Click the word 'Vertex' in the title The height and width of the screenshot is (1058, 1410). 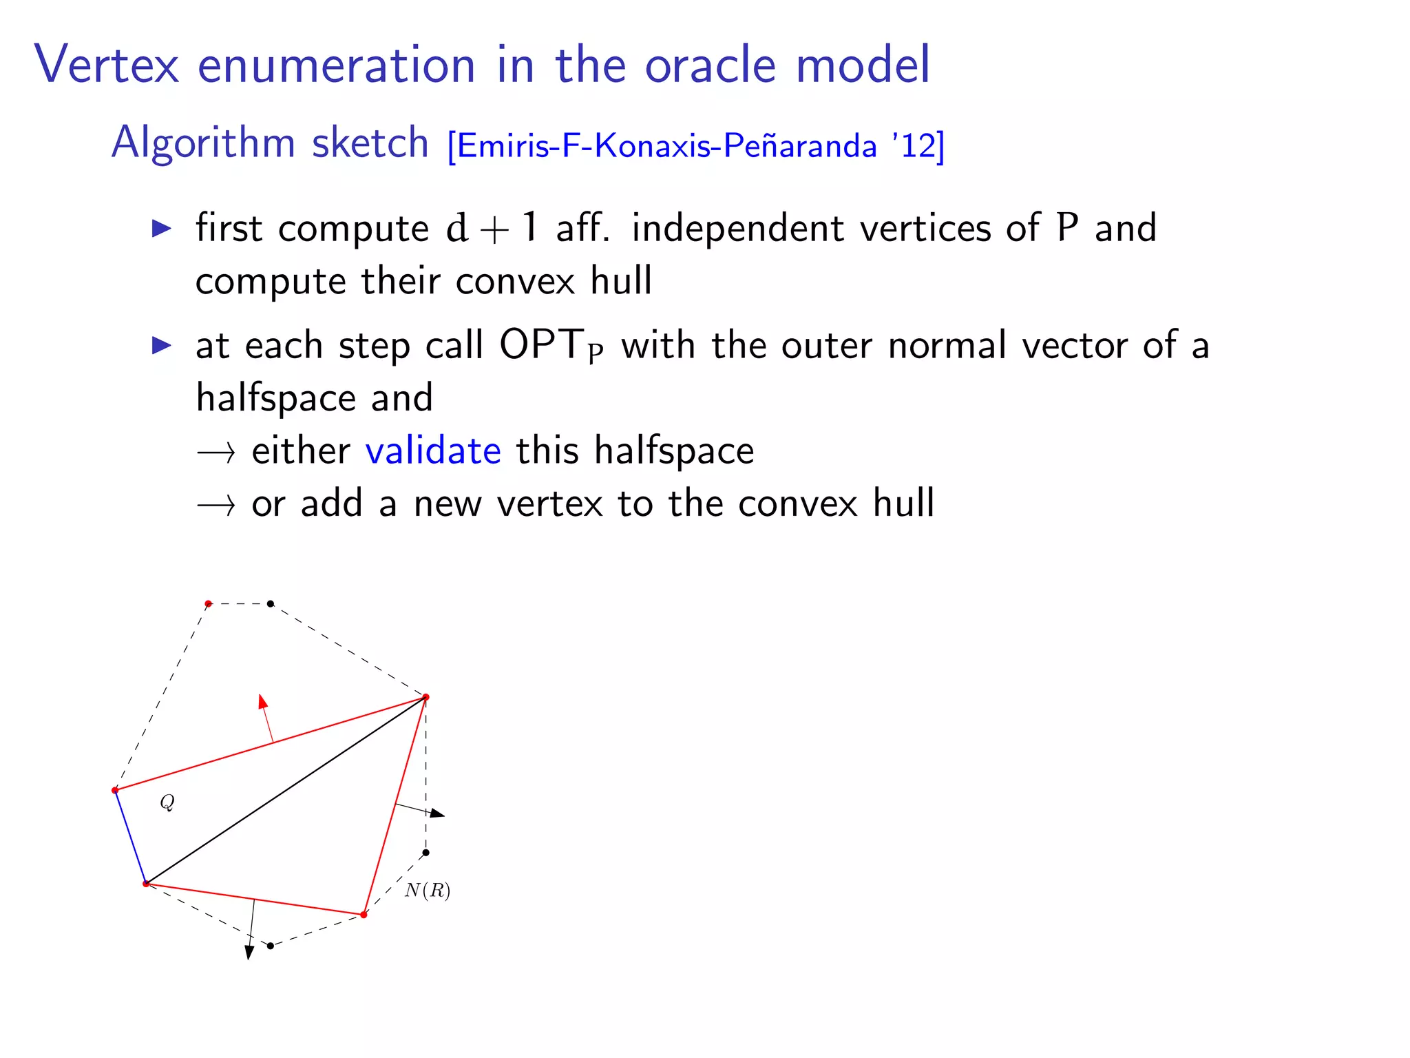[107, 65]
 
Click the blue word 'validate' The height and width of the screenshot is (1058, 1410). [433, 451]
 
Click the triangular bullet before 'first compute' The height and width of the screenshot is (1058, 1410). [161, 228]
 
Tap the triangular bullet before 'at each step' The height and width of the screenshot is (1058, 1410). [161, 345]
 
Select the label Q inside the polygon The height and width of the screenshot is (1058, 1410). [167, 802]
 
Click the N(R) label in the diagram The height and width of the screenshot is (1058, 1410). [428, 891]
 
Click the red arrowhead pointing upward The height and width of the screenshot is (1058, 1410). [262, 702]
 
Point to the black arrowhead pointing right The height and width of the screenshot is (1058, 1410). [437, 814]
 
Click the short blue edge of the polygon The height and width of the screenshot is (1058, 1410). [130, 837]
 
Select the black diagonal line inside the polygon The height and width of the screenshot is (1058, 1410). [286, 791]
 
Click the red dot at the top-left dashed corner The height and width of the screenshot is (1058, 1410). [209, 604]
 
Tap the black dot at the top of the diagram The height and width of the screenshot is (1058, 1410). [271, 604]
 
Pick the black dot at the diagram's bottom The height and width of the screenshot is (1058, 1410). [271, 946]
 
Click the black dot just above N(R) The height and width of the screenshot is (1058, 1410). [425, 853]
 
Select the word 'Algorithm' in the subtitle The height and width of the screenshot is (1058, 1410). [202, 143]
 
